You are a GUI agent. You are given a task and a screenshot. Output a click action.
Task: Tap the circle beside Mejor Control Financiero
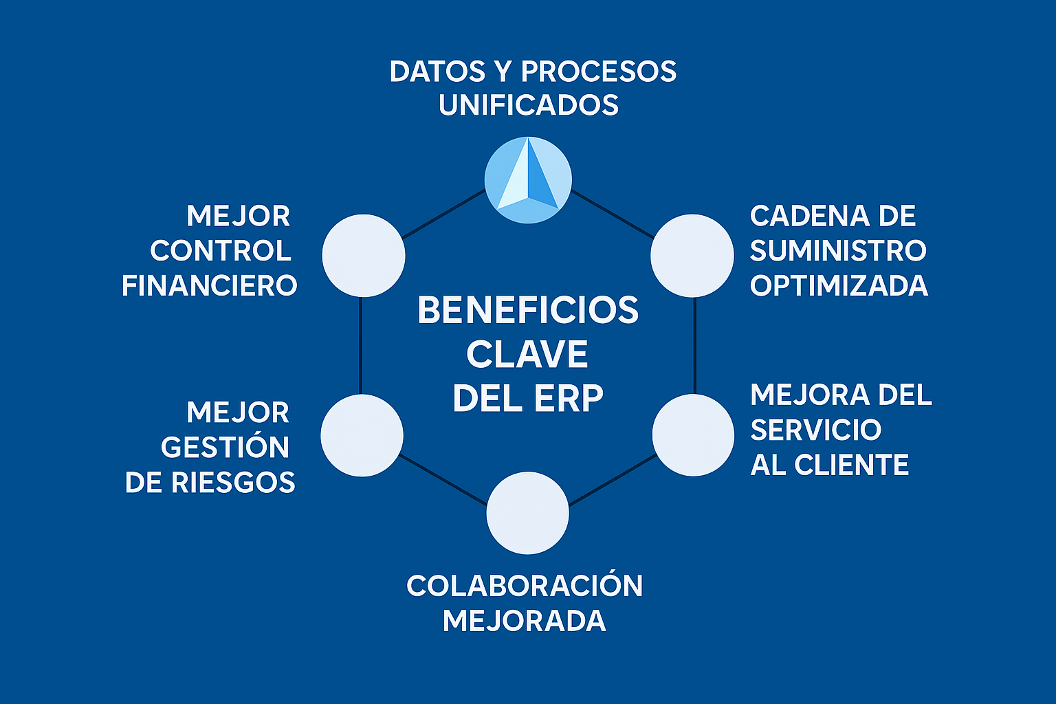(364, 256)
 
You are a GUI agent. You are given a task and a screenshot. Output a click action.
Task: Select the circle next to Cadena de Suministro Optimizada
(692, 256)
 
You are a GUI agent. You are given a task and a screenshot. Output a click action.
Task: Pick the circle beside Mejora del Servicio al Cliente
(693, 434)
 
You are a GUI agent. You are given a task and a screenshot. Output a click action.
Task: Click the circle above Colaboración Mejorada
(527, 513)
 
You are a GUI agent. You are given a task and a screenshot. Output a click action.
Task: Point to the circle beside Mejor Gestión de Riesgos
(362, 435)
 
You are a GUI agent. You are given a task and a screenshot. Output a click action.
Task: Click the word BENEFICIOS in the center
(528, 311)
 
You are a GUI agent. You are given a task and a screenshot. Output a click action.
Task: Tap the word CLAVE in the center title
(527, 355)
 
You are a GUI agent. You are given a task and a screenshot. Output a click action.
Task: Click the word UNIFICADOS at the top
(529, 105)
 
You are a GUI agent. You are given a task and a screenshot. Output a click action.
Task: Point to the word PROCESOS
(598, 71)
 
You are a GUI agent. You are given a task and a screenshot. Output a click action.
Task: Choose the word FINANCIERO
(210, 286)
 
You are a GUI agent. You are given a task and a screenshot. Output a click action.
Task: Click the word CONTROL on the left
(221, 251)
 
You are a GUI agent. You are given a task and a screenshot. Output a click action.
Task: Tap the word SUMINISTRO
(838, 251)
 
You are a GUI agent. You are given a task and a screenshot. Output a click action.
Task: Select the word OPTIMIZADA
(839, 286)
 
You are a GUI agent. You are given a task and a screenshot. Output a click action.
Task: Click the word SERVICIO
(815, 430)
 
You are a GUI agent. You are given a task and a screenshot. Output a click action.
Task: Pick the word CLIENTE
(851, 465)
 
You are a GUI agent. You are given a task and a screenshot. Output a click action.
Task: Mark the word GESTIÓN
(225, 448)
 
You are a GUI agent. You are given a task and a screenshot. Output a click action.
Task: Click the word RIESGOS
(233, 483)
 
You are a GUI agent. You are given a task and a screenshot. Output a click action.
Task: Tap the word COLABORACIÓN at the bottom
(525, 586)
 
